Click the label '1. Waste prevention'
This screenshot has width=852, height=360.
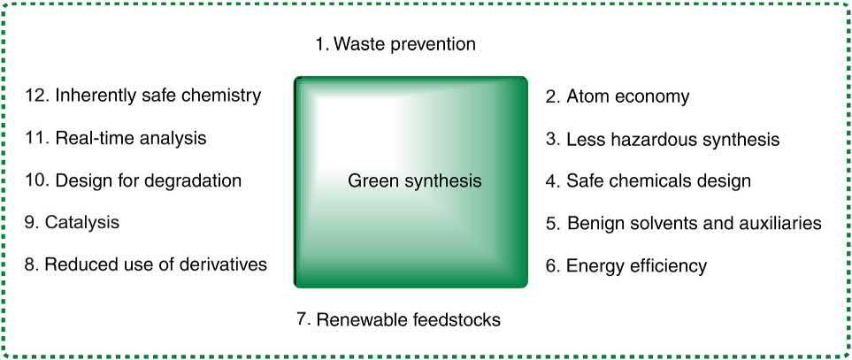pyautogui.click(x=395, y=44)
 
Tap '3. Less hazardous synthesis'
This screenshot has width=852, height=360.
pyautogui.click(x=662, y=139)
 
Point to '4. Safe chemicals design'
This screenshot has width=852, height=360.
pyautogui.click(x=648, y=181)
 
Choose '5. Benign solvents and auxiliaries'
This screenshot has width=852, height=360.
pyautogui.click(x=683, y=224)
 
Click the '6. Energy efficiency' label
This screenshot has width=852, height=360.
pyautogui.click(x=626, y=265)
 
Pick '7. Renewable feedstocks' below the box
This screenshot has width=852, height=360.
pyautogui.click(x=398, y=319)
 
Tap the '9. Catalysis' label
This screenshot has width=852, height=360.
pyautogui.click(x=73, y=223)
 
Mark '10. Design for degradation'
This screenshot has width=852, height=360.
pyautogui.click(x=134, y=181)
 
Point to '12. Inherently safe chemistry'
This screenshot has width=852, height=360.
pyautogui.click(x=144, y=96)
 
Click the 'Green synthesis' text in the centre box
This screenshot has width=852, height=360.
pyautogui.click(x=414, y=181)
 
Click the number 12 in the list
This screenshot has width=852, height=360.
pyautogui.click(x=37, y=96)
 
